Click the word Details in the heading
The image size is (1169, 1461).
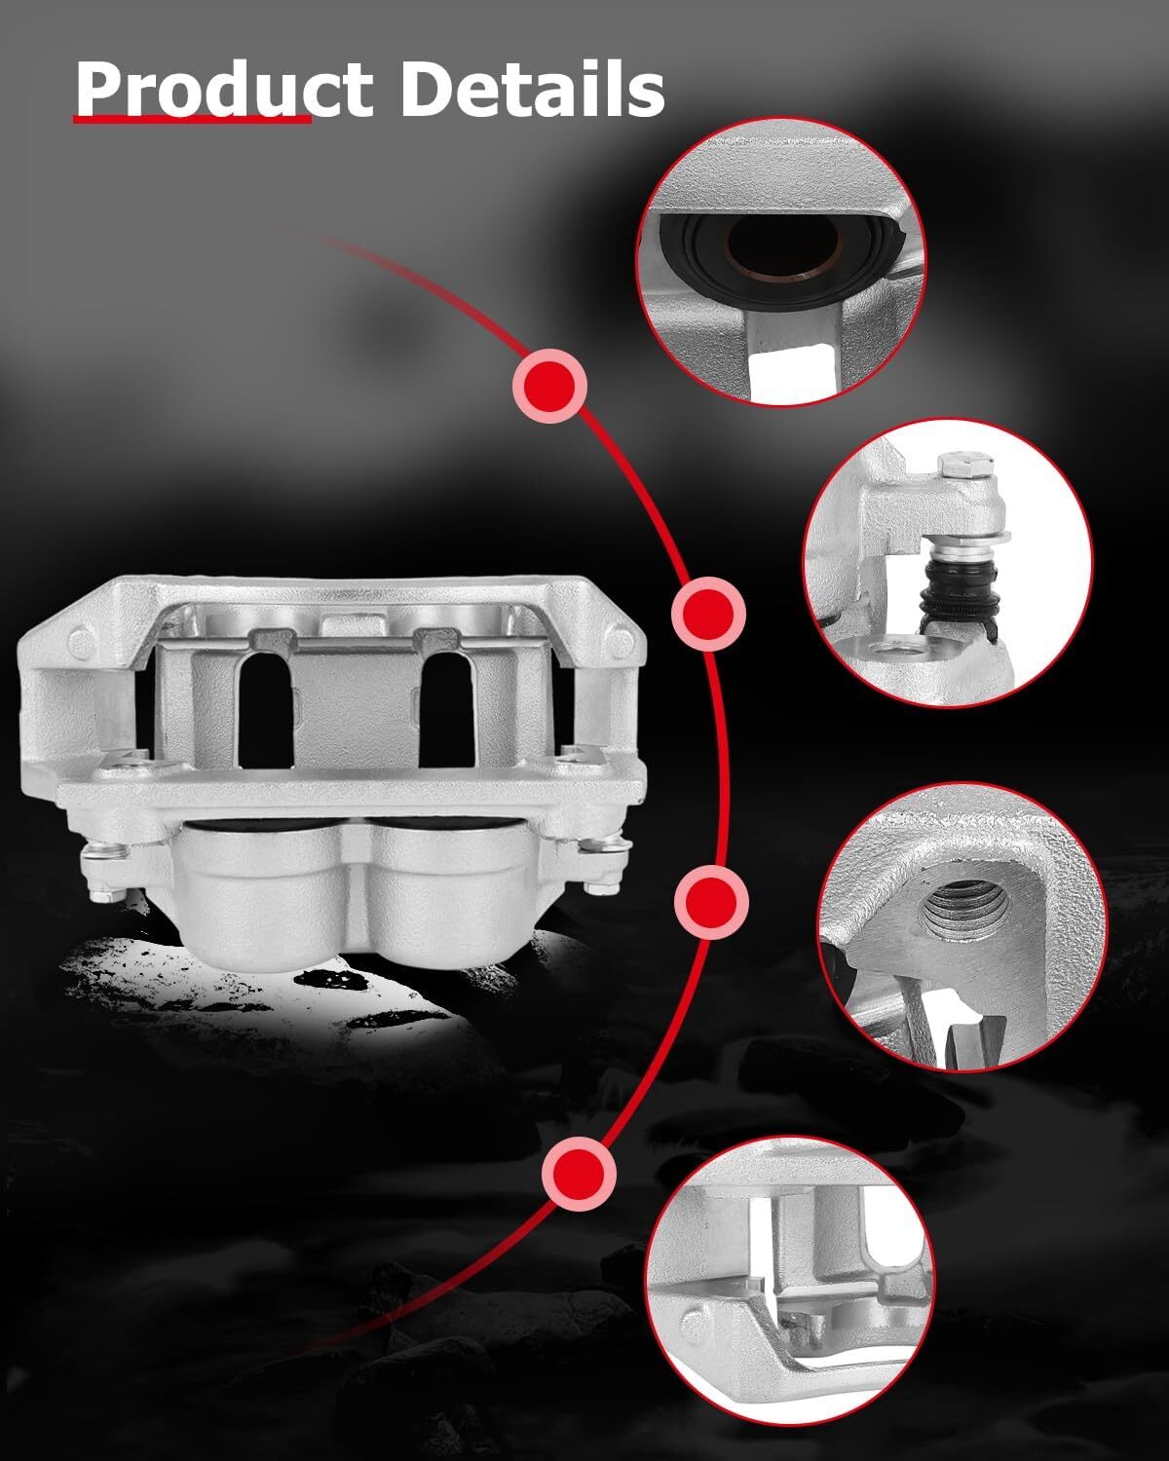[532, 89]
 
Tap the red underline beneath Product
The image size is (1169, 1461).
[192, 120]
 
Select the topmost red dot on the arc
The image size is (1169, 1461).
[550, 386]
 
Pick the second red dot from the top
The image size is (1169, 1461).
[708, 614]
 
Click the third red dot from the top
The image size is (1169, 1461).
[711, 902]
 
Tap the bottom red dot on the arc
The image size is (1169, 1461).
[579, 1174]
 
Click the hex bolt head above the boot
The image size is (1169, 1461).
[960, 467]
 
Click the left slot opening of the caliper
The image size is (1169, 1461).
[266, 710]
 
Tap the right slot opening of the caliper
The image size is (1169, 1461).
[446, 710]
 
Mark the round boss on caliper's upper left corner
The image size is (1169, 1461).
[80, 639]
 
